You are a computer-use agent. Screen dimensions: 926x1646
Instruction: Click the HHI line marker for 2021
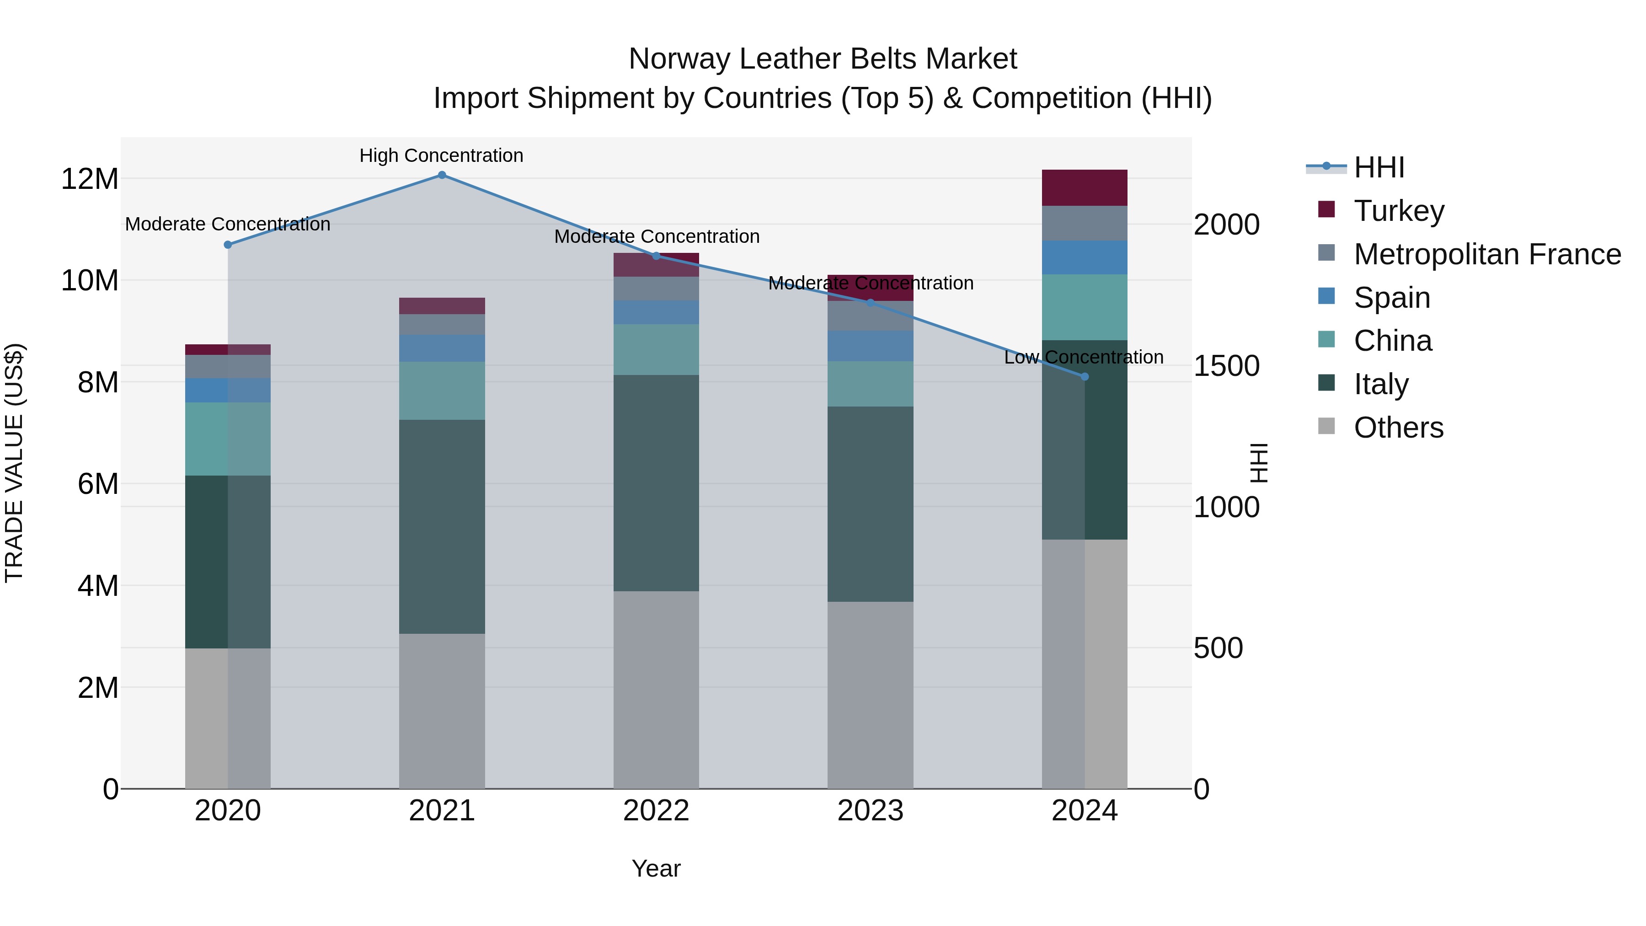coord(442,175)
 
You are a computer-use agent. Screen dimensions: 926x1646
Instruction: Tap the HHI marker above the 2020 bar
coord(228,245)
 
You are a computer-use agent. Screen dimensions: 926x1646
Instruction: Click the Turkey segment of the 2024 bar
coord(1085,188)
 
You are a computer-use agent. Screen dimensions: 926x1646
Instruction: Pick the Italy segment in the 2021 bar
coord(442,527)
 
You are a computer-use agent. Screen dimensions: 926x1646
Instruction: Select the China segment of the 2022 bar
coord(656,349)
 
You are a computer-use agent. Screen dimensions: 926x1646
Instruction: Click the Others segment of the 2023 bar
coord(870,695)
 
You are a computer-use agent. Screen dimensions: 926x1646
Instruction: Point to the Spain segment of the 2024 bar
coord(1085,257)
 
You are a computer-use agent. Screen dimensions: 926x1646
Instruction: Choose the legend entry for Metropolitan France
coord(1487,254)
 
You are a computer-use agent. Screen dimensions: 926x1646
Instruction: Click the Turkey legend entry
coord(1399,211)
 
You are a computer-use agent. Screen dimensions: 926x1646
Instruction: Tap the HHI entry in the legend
coord(1378,167)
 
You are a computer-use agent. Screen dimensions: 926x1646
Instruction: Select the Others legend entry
coord(1398,428)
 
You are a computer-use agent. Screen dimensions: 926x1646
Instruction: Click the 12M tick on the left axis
coord(90,179)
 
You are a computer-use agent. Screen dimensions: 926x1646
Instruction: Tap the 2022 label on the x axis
coord(656,811)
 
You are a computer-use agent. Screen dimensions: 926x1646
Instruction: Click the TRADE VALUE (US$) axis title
coord(14,463)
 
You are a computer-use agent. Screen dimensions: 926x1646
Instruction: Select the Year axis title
coord(656,868)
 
